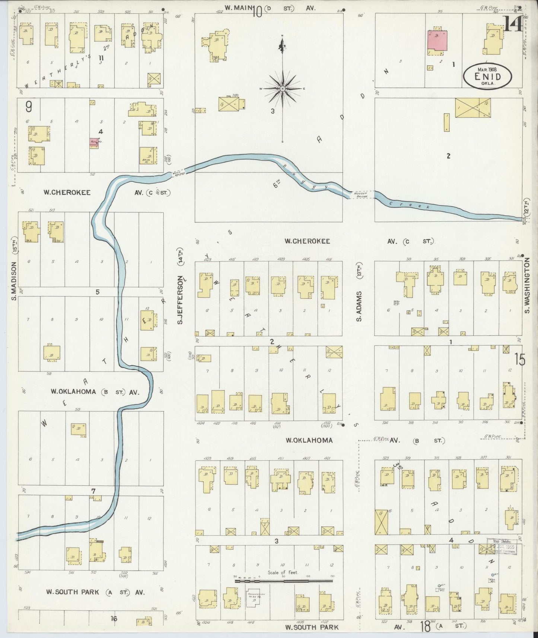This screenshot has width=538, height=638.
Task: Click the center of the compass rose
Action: click(x=282, y=89)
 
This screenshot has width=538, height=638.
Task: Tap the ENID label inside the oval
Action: click(x=487, y=77)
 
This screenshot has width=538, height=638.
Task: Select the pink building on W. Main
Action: click(x=437, y=41)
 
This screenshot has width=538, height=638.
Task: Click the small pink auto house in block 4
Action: click(x=94, y=142)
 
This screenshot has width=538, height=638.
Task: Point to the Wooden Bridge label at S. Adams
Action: click(x=360, y=194)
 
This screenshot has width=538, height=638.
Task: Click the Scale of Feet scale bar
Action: click(x=283, y=580)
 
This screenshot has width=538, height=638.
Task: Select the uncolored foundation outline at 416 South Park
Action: click(x=255, y=599)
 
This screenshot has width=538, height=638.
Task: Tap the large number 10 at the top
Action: click(x=257, y=13)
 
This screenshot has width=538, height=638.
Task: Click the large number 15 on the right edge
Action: click(x=520, y=360)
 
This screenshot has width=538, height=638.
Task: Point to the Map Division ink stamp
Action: click(x=501, y=546)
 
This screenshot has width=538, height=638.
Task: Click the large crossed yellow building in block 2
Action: click(x=472, y=108)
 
